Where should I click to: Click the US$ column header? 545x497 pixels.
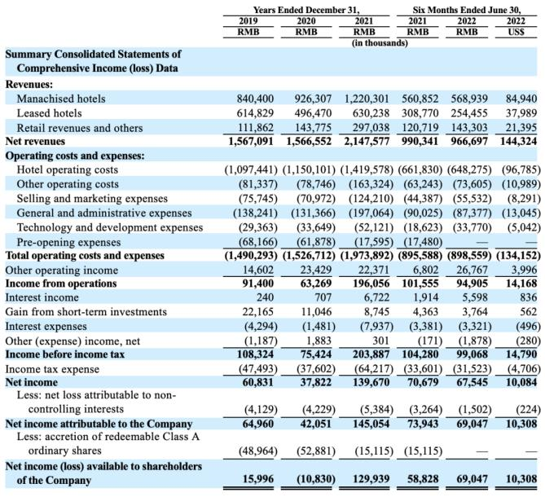click(x=516, y=32)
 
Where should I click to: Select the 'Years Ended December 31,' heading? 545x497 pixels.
click(x=306, y=10)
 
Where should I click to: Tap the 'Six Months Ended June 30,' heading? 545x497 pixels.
click(x=467, y=10)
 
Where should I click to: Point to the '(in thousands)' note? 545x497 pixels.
click(x=380, y=43)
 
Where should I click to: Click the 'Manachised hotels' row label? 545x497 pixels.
click(x=61, y=99)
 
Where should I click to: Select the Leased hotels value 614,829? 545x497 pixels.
click(x=255, y=113)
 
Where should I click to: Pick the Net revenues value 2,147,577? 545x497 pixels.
click(x=367, y=142)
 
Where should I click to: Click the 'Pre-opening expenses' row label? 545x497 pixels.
click(x=68, y=242)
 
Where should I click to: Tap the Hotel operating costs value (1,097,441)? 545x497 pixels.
click(x=251, y=170)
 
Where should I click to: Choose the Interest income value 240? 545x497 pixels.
click(x=266, y=297)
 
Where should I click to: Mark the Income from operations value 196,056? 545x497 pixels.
click(x=371, y=284)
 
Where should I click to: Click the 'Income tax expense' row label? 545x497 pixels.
click(x=52, y=369)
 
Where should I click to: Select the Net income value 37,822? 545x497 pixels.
click(x=316, y=382)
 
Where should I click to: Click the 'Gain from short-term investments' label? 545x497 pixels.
click(x=86, y=312)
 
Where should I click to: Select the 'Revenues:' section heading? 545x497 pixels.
click(x=29, y=85)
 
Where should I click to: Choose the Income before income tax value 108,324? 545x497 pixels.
click(x=255, y=354)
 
